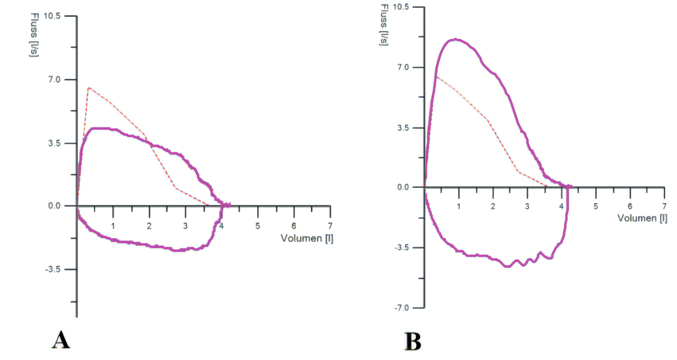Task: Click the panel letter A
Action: [61, 340]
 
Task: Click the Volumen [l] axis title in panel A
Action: [307, 238]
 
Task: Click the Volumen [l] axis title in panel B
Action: [642, 218]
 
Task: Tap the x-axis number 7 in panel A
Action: [330, 226]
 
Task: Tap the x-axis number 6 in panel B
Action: [630, 206]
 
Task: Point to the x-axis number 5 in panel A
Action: [258, 226]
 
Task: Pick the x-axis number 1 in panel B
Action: [459, 206]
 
